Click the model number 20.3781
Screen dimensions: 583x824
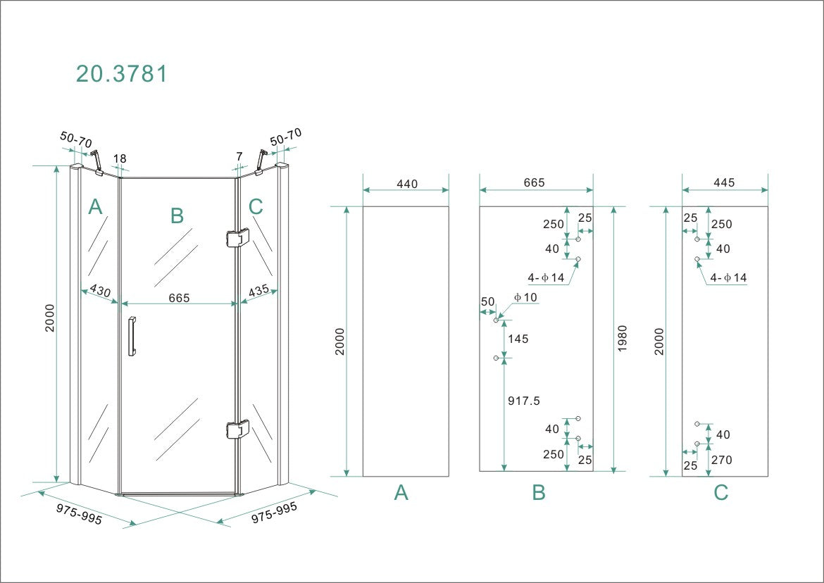[x=122, y=74]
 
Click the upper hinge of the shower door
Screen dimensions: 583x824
[x=237, y=239]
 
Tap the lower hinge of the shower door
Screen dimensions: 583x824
[x=237, y=429]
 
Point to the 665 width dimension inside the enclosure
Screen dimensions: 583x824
[x=179, y=298]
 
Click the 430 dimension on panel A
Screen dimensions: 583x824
[x=99, y=292]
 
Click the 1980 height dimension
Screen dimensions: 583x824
[x=622, y=339]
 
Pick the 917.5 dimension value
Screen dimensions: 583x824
[x=523, y=401]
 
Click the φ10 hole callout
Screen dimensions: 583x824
[x=525, y=297]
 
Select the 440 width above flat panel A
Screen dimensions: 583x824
[x=406, y=184]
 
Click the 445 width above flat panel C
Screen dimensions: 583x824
[x=724, y=182]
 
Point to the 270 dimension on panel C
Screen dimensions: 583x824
[x=722, y=460]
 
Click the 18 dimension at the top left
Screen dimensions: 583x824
[x=120, y=158]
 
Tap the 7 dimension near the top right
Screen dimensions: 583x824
[x=239, y=156]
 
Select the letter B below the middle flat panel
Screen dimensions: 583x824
[x=539, y=493]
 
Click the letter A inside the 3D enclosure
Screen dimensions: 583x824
[x=96, y=207]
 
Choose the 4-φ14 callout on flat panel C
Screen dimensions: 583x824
[x=728, y=278]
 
